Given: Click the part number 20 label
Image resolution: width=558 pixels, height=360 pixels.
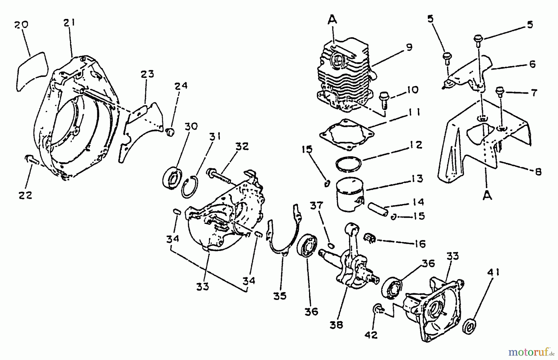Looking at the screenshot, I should click(x=21, y=24).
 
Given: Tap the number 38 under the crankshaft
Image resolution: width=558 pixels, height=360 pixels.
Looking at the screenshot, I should click(x=336, y=325).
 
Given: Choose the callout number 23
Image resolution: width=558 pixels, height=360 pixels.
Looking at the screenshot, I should click(x=147, y=74).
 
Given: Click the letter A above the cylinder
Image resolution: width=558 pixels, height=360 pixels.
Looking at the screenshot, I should click(x=332, y=20).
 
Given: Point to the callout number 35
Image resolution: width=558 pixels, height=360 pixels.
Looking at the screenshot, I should click(x=280, y=296).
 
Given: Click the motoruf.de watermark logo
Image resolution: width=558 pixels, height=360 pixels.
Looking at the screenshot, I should click(x=530, y=352).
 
